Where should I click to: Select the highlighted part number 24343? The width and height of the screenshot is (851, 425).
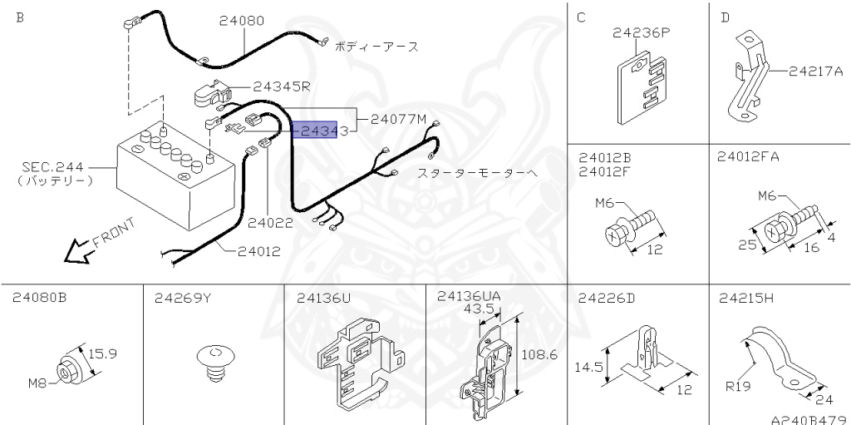coord(315,131)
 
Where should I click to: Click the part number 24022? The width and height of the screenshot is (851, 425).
coord(270,223)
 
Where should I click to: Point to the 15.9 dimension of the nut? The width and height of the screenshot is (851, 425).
coord(102,353)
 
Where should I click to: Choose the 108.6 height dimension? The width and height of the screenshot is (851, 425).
coord(537,354)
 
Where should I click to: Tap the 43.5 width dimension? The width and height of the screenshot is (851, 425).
coord(480,308)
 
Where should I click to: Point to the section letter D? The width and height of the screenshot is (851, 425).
coord(725,17)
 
